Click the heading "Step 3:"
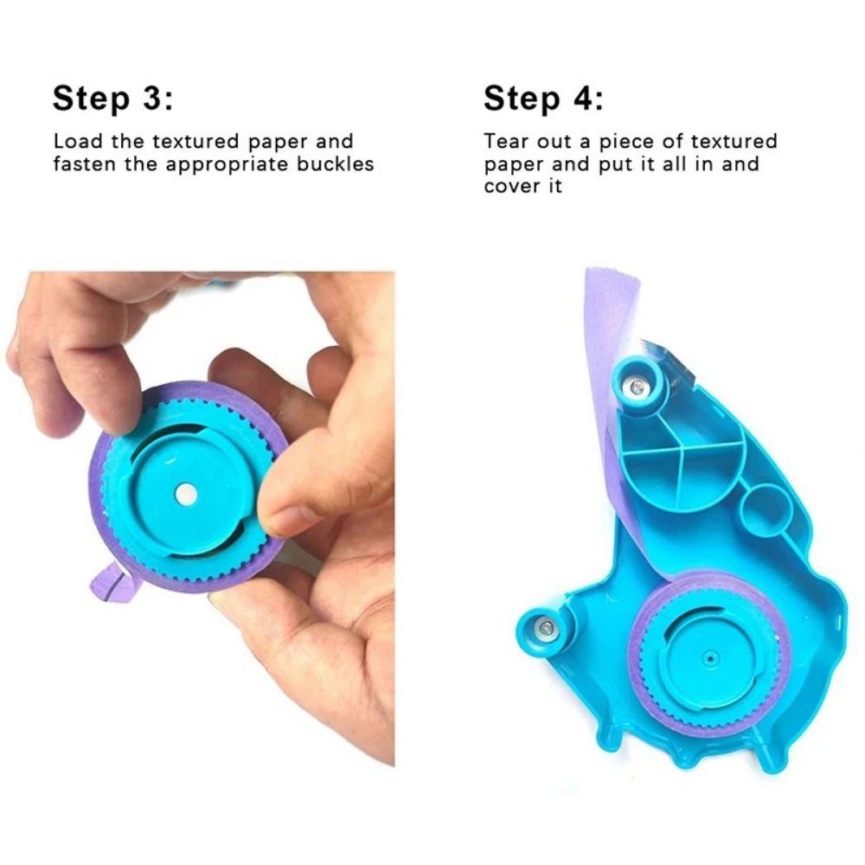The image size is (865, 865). point(112,98)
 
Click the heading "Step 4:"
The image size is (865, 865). point(543,98)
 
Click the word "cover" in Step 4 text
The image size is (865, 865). point(509,186)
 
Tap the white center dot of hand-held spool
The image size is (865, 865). point(185,494)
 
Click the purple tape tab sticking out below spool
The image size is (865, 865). point(114,583)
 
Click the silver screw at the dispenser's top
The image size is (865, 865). point(638,386)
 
